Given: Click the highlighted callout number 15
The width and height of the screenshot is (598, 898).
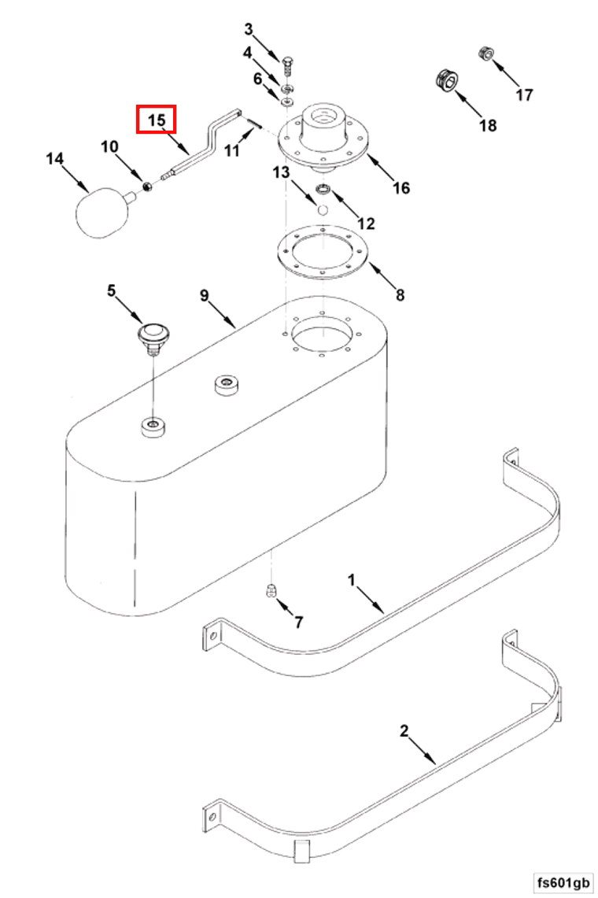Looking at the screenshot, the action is [x=156, y=120].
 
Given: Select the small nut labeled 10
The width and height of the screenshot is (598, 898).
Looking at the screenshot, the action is [x=146, y=186].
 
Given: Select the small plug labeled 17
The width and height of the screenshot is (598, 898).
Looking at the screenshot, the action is [x=486, y=54].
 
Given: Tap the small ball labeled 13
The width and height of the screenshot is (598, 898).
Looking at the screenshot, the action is [x=323, y=210].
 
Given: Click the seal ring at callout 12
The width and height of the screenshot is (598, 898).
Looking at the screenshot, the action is [x=324, y=190].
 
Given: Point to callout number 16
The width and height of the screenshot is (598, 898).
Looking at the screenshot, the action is [x=401, y=187].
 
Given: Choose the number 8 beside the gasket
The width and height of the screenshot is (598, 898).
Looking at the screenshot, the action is [x=400, y=294].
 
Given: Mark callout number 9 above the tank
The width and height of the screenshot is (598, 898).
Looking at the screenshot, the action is [x=205, y=295].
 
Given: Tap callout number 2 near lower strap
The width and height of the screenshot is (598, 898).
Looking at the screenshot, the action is [x=404, y=731].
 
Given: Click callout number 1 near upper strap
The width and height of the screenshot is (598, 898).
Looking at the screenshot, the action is [x=352, y=580].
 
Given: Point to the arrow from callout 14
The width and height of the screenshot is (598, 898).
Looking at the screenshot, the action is [x=75, y=178].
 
